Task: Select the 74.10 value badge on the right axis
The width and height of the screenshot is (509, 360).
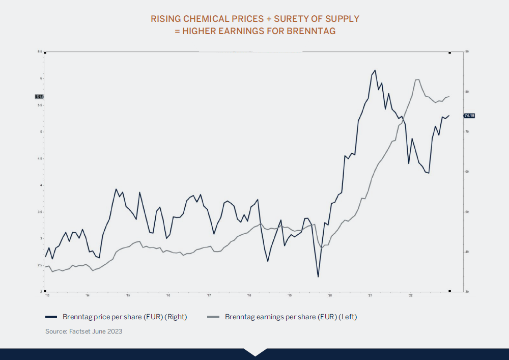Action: point(469,116)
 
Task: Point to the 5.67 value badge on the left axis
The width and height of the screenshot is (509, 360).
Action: point(39,96)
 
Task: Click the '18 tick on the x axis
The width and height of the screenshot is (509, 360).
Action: point(249,295)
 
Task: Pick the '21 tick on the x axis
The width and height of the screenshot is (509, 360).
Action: point(371,295)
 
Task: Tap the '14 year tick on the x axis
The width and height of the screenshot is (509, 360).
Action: point(88,295)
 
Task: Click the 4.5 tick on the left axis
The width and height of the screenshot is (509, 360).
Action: point(40,158)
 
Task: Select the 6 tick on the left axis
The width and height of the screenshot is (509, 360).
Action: point(41,78)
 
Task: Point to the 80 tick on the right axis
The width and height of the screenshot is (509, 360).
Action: point(467,92)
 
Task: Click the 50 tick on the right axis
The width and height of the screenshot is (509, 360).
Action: point(467,212)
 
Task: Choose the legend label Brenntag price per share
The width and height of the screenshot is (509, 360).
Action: point(125,317)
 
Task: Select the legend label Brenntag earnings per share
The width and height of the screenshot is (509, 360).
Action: point(291,317)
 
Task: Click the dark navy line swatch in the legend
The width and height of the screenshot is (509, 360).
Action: point(51,317)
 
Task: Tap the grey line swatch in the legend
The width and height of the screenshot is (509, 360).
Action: point(213,317)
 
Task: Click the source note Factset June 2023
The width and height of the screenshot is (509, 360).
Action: point(83,331)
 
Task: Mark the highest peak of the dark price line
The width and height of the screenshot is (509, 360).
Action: point(375,70)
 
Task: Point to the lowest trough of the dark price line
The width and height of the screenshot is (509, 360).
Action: point(318,277)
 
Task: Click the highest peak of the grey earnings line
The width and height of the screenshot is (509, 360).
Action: point(417,79)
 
